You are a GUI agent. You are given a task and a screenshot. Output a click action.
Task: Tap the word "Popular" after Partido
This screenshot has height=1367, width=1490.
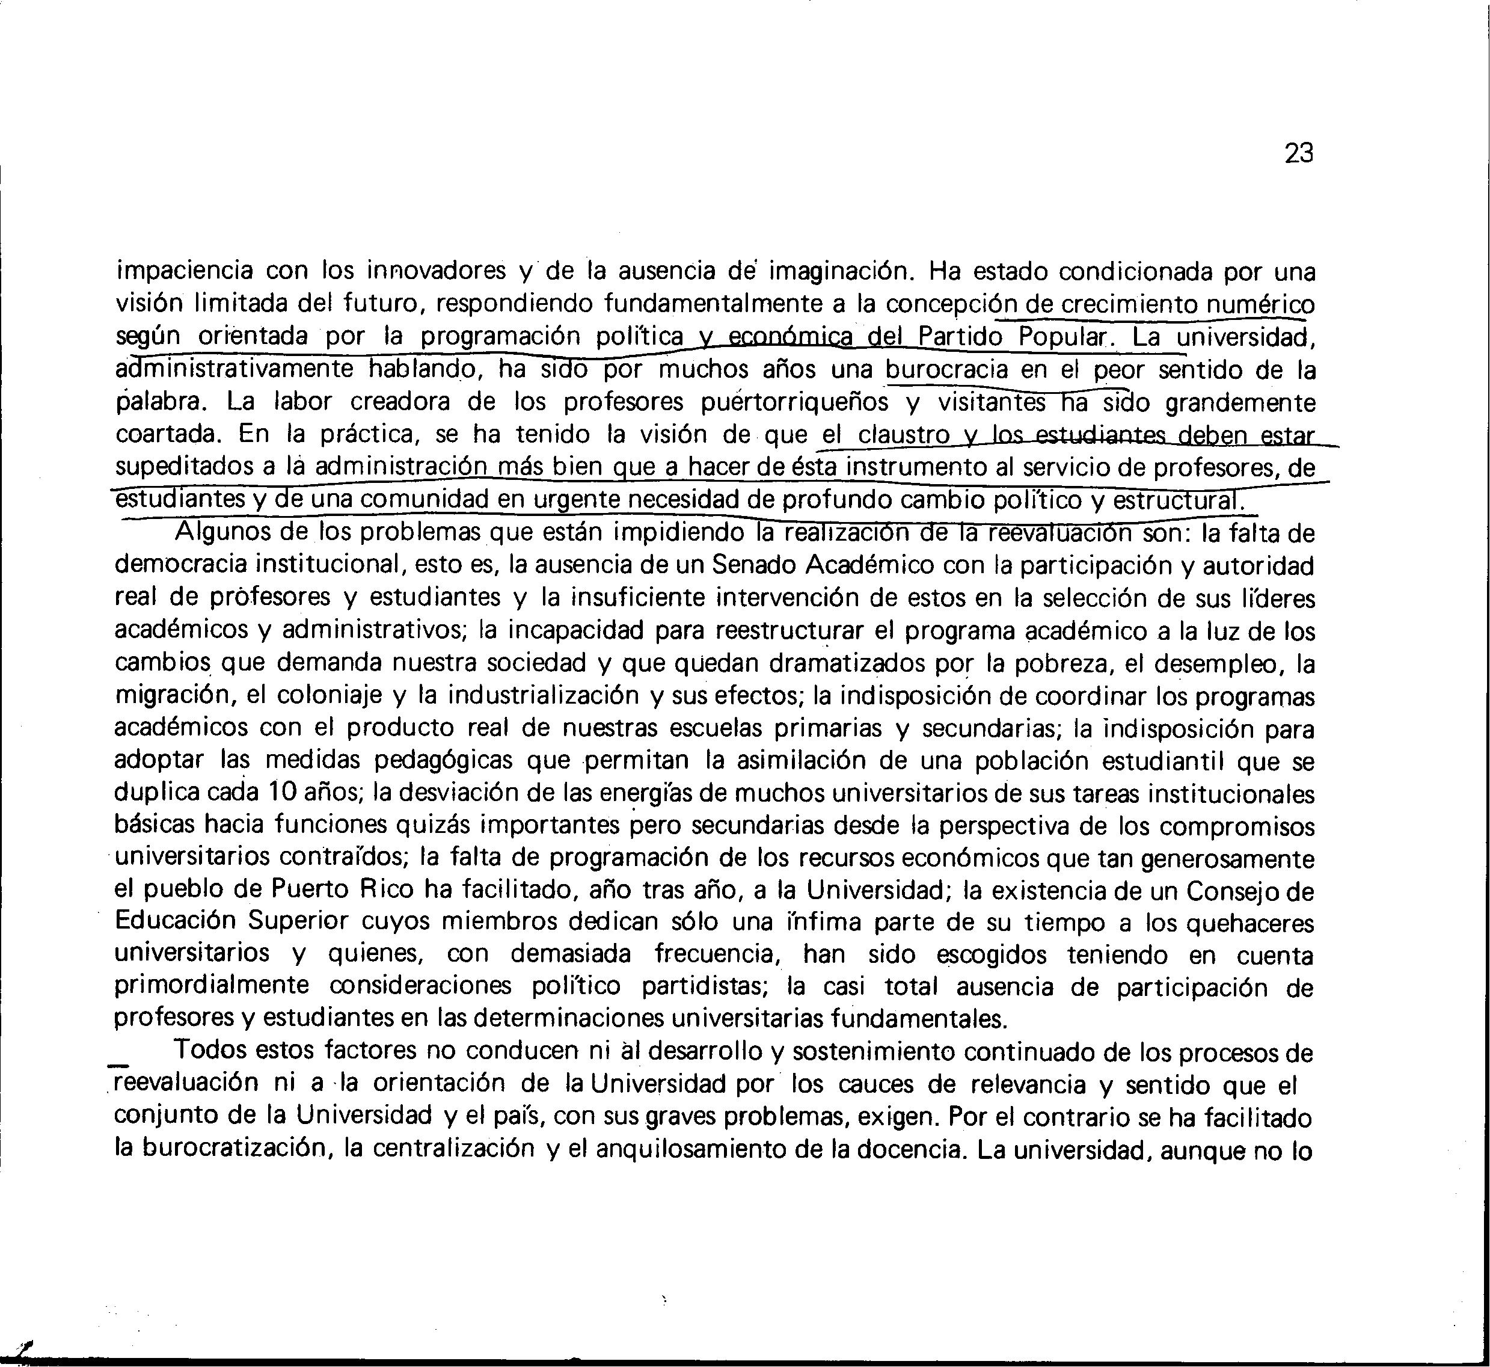[1062, 337]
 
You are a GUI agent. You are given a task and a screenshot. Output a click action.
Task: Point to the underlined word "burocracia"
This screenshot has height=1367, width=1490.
[946, 369]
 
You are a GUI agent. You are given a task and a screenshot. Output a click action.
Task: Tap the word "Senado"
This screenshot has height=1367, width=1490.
[752, 566]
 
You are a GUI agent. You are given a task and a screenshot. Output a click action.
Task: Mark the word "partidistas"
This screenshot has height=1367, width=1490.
[707, 987]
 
